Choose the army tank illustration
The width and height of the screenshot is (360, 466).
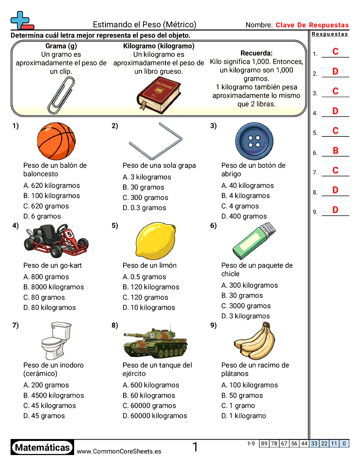[155, 342]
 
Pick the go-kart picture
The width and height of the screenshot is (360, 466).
[56, 241]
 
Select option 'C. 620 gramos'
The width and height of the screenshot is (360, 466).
[46, 206]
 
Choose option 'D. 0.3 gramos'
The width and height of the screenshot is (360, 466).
[144, 208]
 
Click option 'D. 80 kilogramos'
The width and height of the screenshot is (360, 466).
[49, 308]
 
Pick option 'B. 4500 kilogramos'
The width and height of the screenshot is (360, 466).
[53, 395]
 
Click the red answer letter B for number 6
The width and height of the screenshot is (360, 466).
[335, 150]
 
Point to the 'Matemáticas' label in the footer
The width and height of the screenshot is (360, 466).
[42, 448]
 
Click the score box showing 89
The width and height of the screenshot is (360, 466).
[264, 443]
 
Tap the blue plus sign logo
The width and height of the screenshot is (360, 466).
[19, 20]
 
